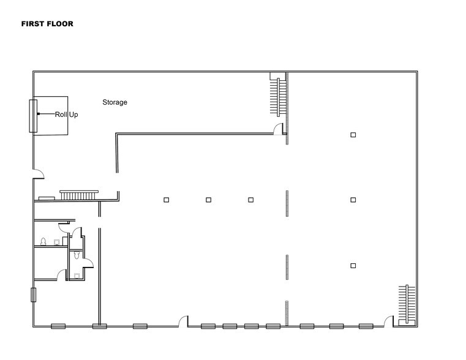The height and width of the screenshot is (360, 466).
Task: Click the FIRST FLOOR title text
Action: [x=47, y=24]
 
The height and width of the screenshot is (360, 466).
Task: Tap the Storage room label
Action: [x=115, y=102]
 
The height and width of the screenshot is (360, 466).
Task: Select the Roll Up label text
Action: [x=66, y=114]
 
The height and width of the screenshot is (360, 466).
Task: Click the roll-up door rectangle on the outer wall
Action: [x=32, y=115]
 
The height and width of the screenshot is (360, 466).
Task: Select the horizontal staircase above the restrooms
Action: [x=77, y=195]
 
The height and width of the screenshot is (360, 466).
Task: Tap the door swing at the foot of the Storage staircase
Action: [x=279, y=129]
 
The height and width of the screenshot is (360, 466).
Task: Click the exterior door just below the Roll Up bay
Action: [x=38, y=174]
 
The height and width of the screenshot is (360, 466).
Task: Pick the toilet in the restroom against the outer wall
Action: [x=43, y=241]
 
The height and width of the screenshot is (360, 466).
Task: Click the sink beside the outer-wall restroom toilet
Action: [x=57, y=242]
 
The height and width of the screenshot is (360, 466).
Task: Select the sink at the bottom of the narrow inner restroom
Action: [x=77, y=276]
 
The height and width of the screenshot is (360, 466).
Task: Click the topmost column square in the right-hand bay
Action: [x=353, y=135]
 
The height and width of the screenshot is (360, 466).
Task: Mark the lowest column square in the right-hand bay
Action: [x=353, y=265]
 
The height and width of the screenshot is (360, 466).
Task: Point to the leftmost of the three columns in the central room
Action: [x=166, y=200]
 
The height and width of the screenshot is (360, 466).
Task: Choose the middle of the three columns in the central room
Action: [x=208, y=200]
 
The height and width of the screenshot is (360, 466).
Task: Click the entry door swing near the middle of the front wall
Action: [x=182, y=320]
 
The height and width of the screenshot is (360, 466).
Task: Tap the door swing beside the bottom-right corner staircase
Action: [x=388, y=320]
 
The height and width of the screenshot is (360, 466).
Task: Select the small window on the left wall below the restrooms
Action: [x=33, y=295]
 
